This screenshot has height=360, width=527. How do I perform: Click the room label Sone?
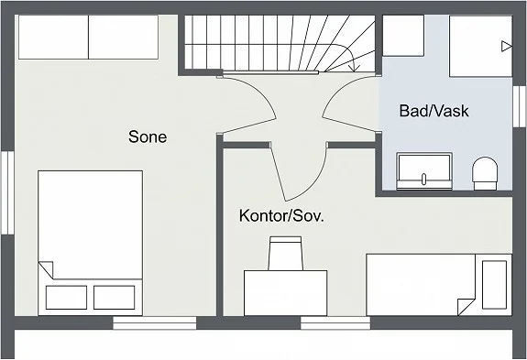pos(148,136)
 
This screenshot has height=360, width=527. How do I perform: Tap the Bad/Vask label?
pos(434,111)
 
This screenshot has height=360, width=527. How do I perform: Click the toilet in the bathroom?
pos(484,172)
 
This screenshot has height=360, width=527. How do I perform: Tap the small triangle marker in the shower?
pos(506,45)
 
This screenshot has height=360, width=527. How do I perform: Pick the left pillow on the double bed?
pos(65,297)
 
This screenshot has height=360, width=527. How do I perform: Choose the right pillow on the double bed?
pos(114,297)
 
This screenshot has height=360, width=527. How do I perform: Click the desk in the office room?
pos(285,291)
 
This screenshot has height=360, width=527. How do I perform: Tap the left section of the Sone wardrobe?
pos(52,37)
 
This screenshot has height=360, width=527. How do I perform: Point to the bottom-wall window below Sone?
pos(154,322)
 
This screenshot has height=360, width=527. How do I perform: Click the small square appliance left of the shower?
pos(401,37)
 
